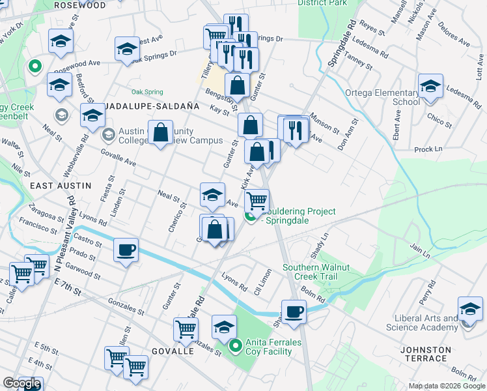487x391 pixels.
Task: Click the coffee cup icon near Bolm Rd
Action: (x=294, y=311)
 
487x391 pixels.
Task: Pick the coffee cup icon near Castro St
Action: (x=126, y=249)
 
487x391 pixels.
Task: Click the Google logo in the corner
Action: (x=21, y=383)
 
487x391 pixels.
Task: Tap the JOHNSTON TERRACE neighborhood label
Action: (x=425, y=355)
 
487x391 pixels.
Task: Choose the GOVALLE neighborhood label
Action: (x=173, y=351)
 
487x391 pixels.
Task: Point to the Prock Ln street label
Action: (x=427, y=149)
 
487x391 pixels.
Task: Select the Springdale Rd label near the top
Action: (x=337, y=46)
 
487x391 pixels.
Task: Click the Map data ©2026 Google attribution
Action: (x=446, y=386)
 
